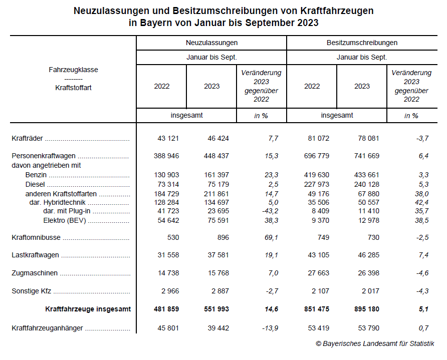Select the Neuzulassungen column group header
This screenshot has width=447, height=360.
pos(211,43)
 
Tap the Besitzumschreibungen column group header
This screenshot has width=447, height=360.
pos(362,43)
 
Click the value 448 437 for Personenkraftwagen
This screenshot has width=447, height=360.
pos(216,156)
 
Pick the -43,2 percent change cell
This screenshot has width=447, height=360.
pos(268,211)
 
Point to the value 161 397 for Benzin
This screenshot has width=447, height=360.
pos(216,175)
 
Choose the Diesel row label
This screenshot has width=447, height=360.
pos(35,184)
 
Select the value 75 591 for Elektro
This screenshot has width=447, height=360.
pos(216,220)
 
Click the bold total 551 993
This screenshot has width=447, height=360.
pos(216,309)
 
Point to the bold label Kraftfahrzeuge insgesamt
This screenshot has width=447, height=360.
pos(88,309)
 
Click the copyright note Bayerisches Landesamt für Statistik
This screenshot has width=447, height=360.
pos(375,343)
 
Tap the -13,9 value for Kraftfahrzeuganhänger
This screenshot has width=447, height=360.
pos(269,328)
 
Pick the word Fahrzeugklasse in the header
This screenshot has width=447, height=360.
pos(73,70)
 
